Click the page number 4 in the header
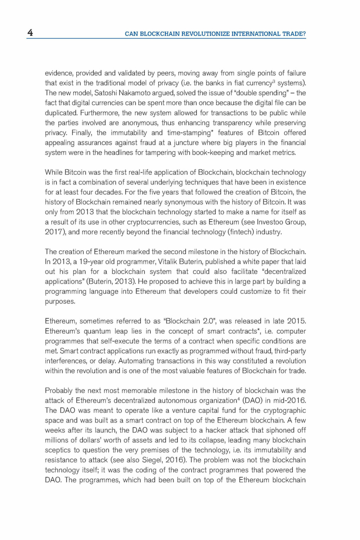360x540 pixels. pyautogui.click(x=30, y=33)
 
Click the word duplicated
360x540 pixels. pyautogui.click(x=61, y=113)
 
